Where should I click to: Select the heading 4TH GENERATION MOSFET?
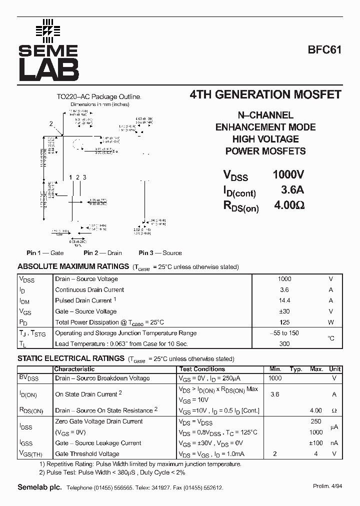(265, 95)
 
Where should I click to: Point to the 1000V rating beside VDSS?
(288, 175)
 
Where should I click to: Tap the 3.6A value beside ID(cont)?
(292, 190)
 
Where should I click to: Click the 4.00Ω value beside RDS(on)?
(289, 205)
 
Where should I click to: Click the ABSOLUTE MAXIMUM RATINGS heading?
(73, 266)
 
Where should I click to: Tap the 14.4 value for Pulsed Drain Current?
(284, 300)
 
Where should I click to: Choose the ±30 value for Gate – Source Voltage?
(284, 311)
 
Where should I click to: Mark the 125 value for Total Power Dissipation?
(284, 322)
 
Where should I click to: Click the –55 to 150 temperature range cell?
(284, 333)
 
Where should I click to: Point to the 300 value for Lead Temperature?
(284, 344)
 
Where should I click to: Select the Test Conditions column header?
(202, 369)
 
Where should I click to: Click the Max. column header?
(316, 369)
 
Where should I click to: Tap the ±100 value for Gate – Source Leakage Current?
(315, 443)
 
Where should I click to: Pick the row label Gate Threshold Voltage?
(87, 454)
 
